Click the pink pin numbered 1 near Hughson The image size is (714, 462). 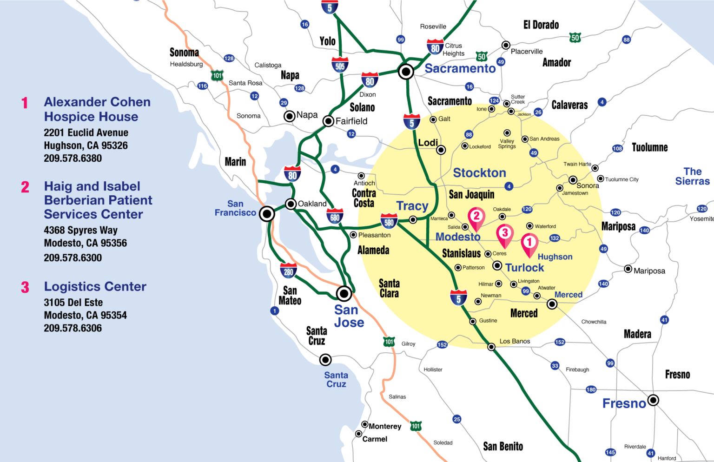point(529,243)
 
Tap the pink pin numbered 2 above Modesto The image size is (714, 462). point(476,217)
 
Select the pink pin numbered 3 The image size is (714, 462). point(505,234)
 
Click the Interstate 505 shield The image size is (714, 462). point(340,65)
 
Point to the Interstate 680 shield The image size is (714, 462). point(335,217)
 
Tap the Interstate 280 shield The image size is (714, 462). point(288,271)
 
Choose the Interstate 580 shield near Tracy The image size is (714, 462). point(389,221)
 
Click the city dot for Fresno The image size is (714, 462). point(653,400)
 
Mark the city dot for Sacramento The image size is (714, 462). point(406,72)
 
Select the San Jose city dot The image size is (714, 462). point(344,294)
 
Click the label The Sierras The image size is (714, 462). point(692,177)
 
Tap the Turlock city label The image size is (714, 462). point(524,268)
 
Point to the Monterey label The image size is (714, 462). point(384,426)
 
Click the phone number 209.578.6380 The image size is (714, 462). point(73,158)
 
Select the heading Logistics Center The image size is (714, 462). point(95,286)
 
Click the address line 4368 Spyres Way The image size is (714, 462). point(80,230)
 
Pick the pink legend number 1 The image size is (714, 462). point(25,103)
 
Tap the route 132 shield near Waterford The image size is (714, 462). point(555,238)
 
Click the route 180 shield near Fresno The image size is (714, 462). point(591,389)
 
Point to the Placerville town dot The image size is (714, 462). point(506,45)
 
